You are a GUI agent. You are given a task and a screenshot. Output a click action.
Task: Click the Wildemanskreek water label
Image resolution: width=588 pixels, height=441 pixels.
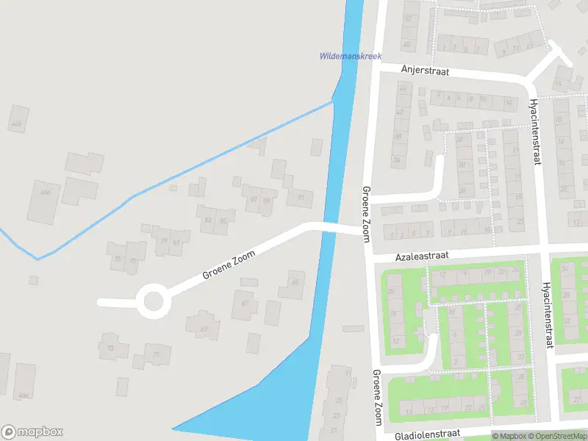click(x=351, y=56)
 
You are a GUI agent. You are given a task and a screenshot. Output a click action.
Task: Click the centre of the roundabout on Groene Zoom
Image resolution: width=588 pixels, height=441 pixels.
click(x=153, y=301)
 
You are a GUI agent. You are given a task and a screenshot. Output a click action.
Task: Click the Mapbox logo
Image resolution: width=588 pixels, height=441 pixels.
click(x=32, y=432)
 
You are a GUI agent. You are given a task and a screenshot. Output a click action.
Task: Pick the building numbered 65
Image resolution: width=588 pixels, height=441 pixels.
click(x=295, y=282)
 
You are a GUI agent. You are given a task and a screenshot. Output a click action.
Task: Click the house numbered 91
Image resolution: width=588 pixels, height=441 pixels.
click(x=300, y=197)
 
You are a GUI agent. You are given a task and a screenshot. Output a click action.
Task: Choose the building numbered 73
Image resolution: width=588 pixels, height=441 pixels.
click(x=112, y=348)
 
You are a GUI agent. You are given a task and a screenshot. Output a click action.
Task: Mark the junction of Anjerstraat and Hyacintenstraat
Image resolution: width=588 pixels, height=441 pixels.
click(x=531, y=83)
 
